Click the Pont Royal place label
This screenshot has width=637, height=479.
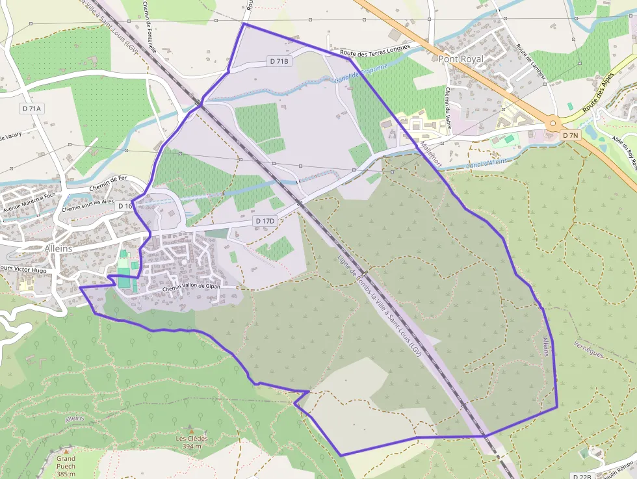click(x=461, y=58)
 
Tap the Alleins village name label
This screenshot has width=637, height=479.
click(x=63, y=248)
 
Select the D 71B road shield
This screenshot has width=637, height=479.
click(x=279, y=61)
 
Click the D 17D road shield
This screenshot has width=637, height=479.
click(x=265, y=221)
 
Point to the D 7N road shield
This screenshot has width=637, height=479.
click(x=570, y=135)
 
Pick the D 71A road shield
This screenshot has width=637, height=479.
click(x=32, y=109)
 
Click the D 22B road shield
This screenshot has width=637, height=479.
click(x=583, y=476)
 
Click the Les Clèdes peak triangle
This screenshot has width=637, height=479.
click(x=190, y=430)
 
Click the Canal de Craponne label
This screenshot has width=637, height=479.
click(x=361, y=73)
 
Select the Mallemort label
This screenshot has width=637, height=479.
click(x=430, y=154)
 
